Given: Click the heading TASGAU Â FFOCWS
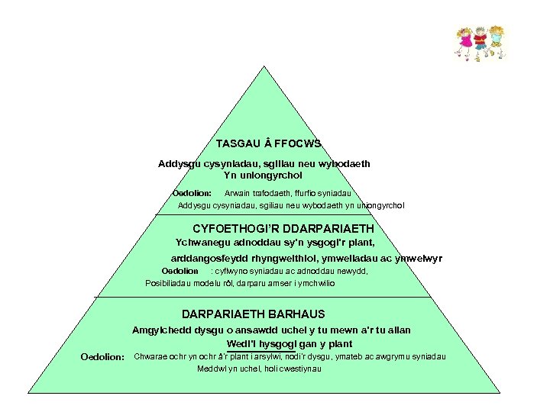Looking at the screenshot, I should click(x=268, y=143).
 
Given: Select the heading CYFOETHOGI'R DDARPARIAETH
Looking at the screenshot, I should click(x=283, y=229).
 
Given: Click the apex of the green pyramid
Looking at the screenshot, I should click(x=265, y=67).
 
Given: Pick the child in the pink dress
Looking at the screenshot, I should click(x=465, y=41).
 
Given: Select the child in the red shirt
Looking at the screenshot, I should click(x=480, y=41).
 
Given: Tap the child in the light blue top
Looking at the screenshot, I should click(x=497, y=41).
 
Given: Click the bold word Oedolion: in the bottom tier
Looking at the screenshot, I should click(x=102, y=358).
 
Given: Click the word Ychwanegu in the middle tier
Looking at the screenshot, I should click(x=201, y=243).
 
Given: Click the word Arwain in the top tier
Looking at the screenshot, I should click(x=238, y=193).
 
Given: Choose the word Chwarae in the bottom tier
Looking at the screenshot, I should click(x=150, y=356).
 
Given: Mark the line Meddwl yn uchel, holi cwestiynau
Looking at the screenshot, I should click(x=259, y=369).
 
